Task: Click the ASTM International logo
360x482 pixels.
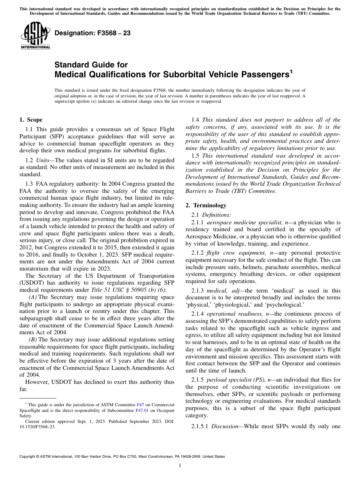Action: pyautogui.click(x=35, y=36)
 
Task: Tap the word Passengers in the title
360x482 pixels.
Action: pyautogui.click(x=261, y=75)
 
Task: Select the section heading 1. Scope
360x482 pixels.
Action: pyautogui.click(x=31, y=120)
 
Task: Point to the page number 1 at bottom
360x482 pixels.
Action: pyautogui.click(x=180, y=466)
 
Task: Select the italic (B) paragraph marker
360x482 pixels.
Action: pyautogui.click(x=33, y=340)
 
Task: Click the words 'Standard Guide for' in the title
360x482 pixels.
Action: pyautogui.click(x=91, y=65)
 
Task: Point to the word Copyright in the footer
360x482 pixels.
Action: pyautogui.click(x=28, y=457)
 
